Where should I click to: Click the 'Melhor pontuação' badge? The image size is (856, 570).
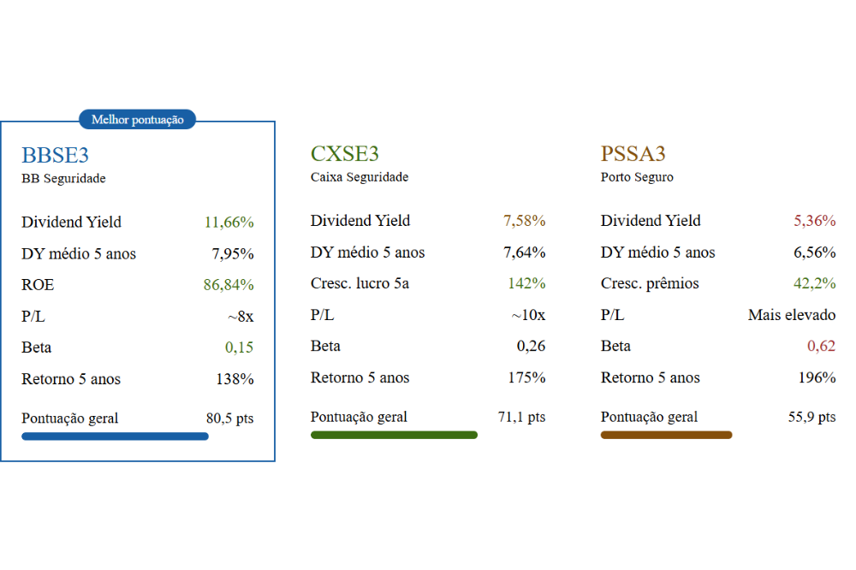[x=137, y=120]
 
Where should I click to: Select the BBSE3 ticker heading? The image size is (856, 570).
[x=55, y=156]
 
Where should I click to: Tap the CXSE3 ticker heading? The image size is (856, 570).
[x=344, y=154]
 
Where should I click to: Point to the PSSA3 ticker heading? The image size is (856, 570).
[x=633, y=154]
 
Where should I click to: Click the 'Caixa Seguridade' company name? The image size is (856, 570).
[x=359, y=177]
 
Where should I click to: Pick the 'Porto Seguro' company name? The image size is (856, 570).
[x=637, y=177]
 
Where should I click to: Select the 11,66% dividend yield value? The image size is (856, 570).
[x=229, y=223]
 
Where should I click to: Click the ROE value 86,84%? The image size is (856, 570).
[x=229, y=285]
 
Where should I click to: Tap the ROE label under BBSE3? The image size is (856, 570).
[x=38, y=285]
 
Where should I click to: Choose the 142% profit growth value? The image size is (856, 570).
[x=526, y=283]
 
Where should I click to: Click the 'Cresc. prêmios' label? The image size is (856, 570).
[x=650, y=283]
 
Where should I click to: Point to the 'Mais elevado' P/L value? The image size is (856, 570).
[x=791, y=315]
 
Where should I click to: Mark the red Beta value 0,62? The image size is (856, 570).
[x=821, y=347]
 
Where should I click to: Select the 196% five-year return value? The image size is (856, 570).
[x=817, y=377]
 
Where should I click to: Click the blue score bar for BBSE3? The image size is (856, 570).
[x=115, y=436]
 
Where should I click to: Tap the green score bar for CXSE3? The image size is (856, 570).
[x=394, y=435]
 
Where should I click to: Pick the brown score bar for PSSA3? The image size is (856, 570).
[x=666, y=435]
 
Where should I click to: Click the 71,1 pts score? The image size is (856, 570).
[x=521, y=418]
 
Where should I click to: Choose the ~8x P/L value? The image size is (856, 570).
[x=241, y=317]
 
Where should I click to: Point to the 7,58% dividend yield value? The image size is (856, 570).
[x=524, y=221]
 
